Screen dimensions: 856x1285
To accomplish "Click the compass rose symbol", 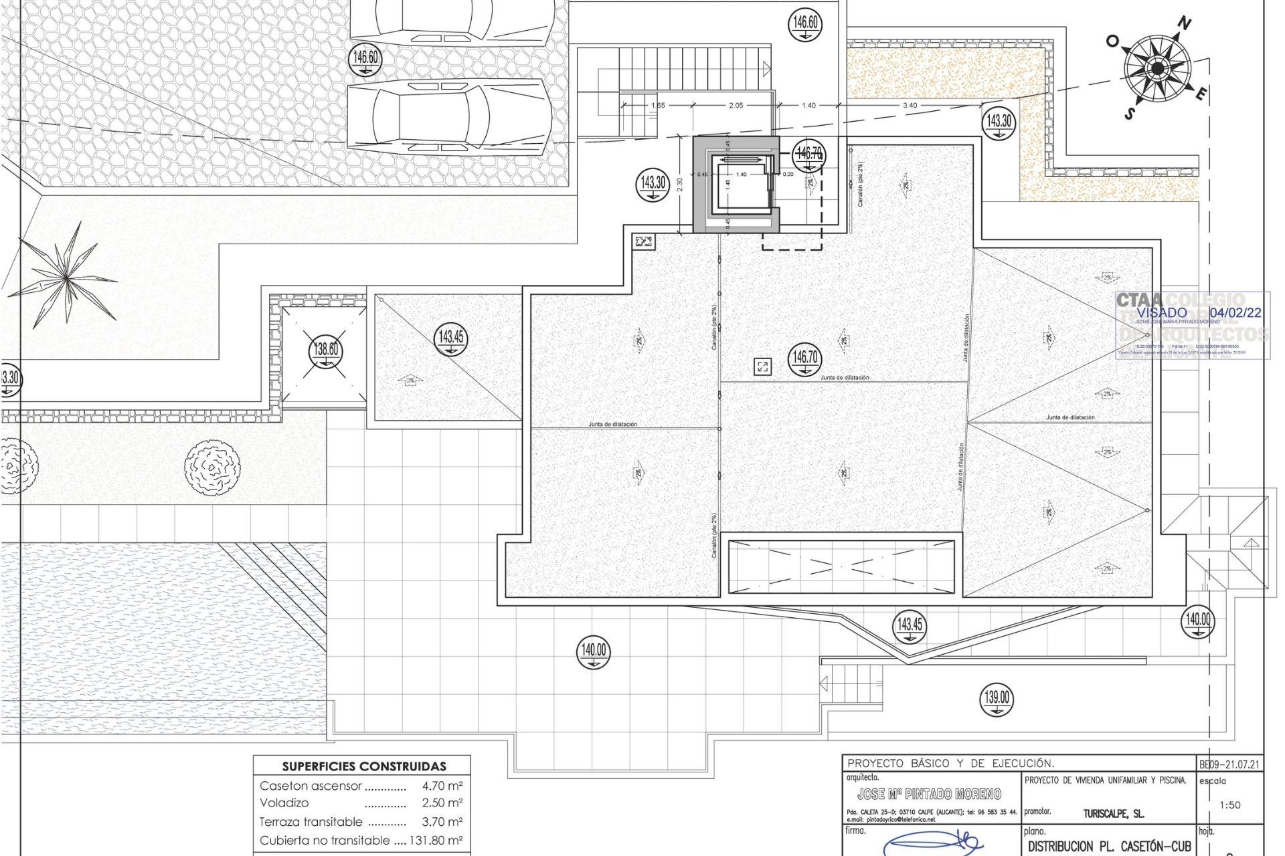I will [x=1157, y=69].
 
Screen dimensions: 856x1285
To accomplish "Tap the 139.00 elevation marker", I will [x=997, y=699].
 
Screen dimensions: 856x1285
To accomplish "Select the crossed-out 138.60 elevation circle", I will [x=325, y=350].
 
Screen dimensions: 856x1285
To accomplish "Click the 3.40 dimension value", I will [x=910, y=105].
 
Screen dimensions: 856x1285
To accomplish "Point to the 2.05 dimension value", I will [x=736, y=105].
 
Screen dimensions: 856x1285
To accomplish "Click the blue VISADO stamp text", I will [x=1162, y=312].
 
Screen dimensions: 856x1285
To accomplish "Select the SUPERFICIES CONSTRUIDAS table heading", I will [x=363, y=766].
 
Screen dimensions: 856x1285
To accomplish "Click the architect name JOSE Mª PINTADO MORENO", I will [x=929, y=794].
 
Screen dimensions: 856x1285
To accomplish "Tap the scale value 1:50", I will [x=1230, y=805].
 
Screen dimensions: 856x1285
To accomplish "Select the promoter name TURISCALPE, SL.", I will [x=1113, y=814].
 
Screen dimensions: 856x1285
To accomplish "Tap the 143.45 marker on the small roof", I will [x=451, y=338].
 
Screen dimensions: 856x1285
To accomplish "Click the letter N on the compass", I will [x=1185, y=24].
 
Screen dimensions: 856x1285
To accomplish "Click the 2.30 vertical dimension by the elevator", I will [x=680, y=185].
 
